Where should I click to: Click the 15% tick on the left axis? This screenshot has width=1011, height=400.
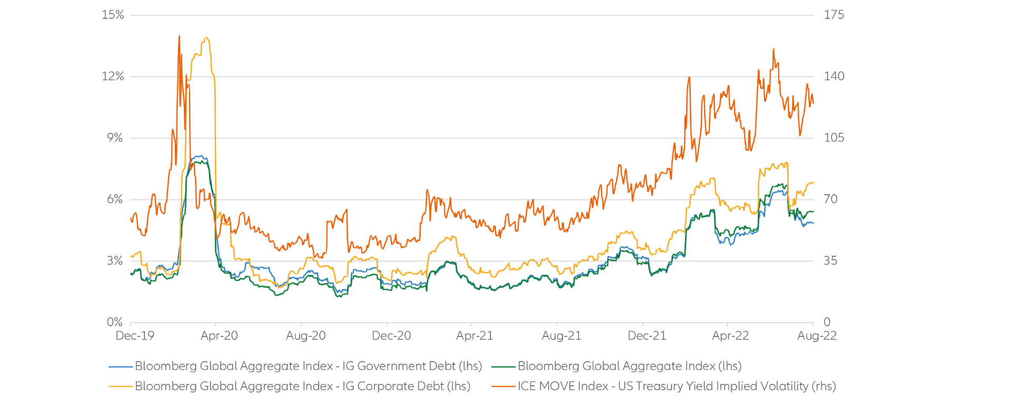[x=113, y=15]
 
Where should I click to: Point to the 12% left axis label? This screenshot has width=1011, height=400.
[x=113, y=76]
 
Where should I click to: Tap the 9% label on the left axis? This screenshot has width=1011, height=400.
[x=115, y=138]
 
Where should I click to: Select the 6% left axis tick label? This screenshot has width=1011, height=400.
[x=115, y=199]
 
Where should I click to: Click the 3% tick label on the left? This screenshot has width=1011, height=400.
[x=115, y=261]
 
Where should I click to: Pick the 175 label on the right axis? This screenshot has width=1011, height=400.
[x=834, y=15]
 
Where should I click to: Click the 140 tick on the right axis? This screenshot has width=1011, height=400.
[x=834, y=76]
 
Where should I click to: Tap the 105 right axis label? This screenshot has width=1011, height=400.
[x=834, y=138]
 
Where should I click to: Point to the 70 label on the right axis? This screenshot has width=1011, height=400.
[x=831, y=199]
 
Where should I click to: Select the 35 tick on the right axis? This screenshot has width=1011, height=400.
[x=831, y=261]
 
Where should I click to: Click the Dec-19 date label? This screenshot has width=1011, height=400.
[x=135, y=336]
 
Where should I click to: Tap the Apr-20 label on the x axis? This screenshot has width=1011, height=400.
[x=219, y=336]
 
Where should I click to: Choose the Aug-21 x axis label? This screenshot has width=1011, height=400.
[x=561, y=336]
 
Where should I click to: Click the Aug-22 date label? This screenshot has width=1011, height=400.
[x=817, y=336]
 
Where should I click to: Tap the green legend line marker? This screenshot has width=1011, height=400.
[x=503, y=366]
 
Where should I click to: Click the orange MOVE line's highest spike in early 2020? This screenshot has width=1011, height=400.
[x=180, y=36]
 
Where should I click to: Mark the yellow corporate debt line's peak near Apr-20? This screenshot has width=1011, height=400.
[x=206, y=37]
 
